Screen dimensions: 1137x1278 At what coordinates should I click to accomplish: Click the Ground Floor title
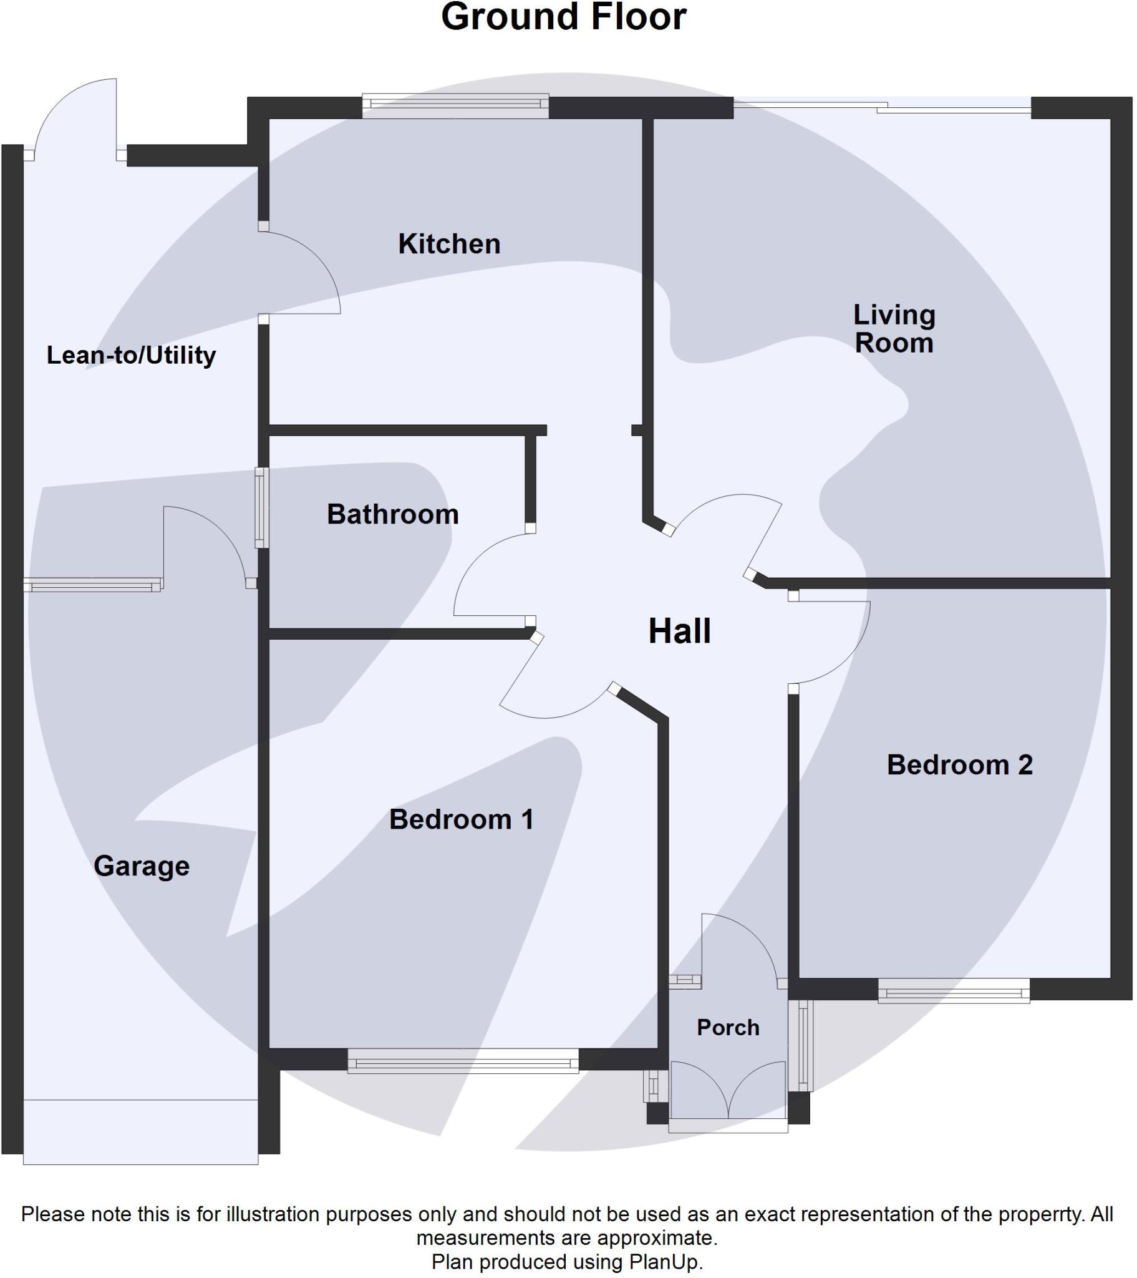(x=563, y=17)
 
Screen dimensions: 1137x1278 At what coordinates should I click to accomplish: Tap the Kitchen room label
(x=450, y=244)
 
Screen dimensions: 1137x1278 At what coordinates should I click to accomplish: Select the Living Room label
(x=894, y=329)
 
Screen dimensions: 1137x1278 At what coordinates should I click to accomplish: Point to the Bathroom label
(x=392, y=515)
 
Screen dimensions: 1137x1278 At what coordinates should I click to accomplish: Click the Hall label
(x=679, y=631)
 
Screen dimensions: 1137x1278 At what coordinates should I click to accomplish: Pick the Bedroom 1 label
(x=462, y=820)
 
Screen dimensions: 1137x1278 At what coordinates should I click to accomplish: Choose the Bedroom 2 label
(x=959, y=764)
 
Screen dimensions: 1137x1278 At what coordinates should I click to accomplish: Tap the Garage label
(x=141, y=866)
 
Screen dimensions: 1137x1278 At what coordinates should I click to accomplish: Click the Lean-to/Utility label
(x=131, y=355)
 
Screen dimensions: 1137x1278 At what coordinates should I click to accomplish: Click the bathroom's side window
(x=262, y=508)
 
